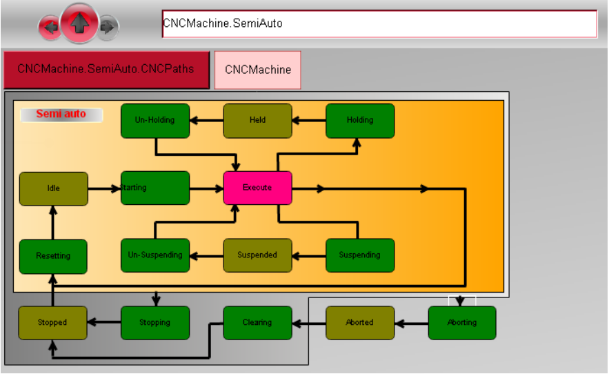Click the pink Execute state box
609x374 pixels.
(257, 188)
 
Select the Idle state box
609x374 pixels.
(53, 188)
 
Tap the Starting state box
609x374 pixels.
(154, 188)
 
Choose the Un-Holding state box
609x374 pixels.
(154, 120)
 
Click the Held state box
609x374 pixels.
(257, 120)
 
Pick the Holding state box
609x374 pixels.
(359, 120)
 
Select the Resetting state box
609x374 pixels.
(53, 256)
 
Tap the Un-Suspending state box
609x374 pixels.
(154, 255)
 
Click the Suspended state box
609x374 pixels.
(257, 255)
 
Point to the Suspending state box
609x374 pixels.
(359, 255)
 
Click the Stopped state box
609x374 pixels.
(52, 323)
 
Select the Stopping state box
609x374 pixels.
(154, 323)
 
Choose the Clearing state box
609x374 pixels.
(257, 323)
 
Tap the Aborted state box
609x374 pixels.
(359, 323)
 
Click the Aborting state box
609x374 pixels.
(461, 323)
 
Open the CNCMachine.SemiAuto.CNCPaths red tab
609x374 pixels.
(106, 70)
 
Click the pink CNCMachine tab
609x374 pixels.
(257, 70)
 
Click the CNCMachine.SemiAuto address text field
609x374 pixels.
(379, 23)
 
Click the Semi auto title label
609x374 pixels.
(61, 115)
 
